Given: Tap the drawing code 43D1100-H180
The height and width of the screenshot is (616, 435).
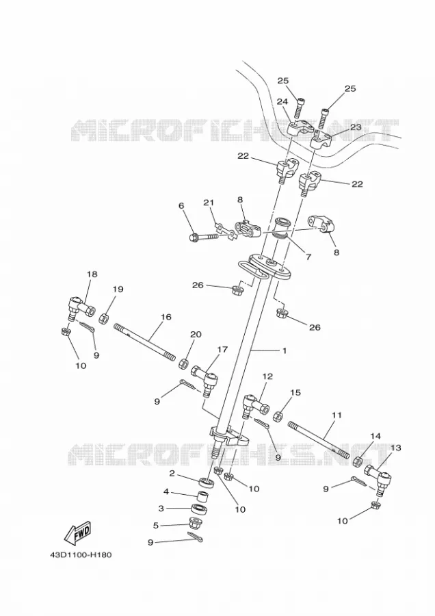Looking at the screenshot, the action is (x=81, y=555).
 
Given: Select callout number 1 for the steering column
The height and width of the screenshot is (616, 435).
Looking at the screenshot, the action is (x=285, y=350).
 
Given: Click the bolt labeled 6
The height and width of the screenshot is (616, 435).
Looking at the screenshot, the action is (x=203, y=238).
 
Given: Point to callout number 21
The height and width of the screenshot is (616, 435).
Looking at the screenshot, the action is (x=209, y=203).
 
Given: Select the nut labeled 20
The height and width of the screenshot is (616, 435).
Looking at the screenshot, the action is (x=183, y=364).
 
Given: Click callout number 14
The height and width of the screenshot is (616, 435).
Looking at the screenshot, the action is (x=375, y=437).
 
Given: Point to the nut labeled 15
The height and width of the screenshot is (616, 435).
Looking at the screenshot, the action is (x=278, y=416).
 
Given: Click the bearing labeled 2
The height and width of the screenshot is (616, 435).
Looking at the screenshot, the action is (x=207, y=482).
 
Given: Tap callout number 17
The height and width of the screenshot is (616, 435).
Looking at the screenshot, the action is (x=222, y=350).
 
